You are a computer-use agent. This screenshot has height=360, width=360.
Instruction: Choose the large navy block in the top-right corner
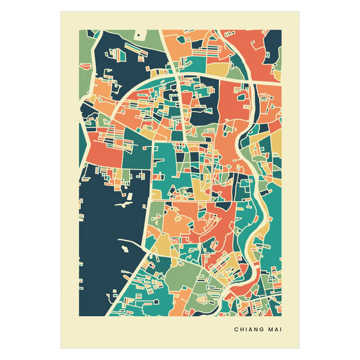(273, 44)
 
